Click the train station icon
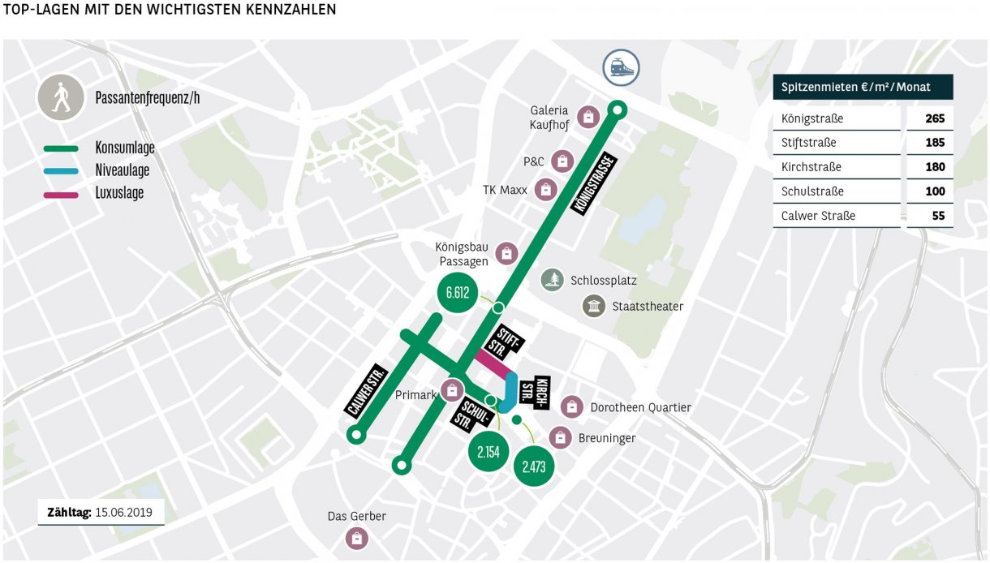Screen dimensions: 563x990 coord(621,66)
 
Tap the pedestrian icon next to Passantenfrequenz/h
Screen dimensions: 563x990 coord(60,97)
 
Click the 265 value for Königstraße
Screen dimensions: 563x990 coord(935,118)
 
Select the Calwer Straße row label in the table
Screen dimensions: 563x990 coord(818,216)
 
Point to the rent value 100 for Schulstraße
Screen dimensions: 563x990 coord(935,191)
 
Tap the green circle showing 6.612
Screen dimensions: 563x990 coord(458,293)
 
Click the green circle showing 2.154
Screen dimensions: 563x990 coord(489,452)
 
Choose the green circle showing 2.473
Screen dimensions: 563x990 coord(533,466)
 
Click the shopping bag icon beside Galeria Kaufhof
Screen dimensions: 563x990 coord(588,118)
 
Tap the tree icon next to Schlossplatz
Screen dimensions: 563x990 coord(553,280)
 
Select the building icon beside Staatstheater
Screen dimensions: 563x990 coord(594,306)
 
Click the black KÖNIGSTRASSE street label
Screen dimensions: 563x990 coord(594,184)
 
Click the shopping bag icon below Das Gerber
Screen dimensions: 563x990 coord(356,537)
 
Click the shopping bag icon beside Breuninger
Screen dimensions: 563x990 coord(561,437)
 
